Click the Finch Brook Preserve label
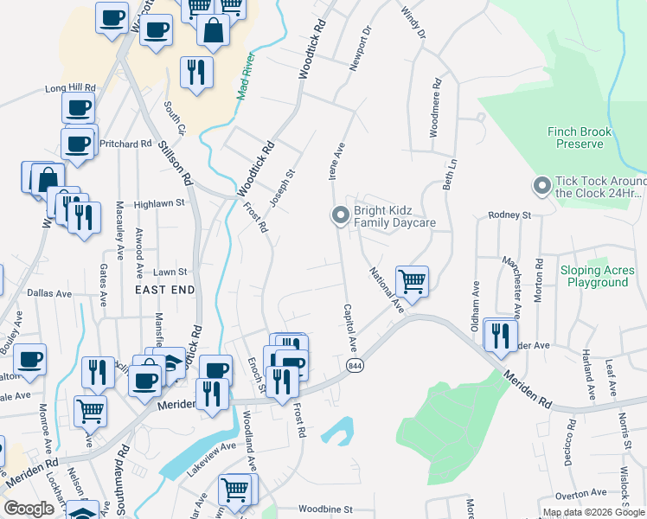pyautogui.click(x=580, y=138)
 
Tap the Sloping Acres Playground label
pyautogui.click(x=598, y=277)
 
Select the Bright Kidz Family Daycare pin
pyautogui.click(x=341, y=215)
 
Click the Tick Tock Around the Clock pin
pyautogui.click(x=542, y=186)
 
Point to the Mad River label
pyautogui.click(x=247, y=76)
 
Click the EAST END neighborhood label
pyautogui.click(x=164, y=291)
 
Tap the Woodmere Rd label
pyautogui.click(x=436, y=109)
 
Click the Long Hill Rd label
pyautogui.click(x=69, y=88)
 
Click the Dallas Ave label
pyautogui.click(x=48, y=293)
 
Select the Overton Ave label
pyautogui.click(x=580, y=495)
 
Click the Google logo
pyautogui.click(x=29, y=509)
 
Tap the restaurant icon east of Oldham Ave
pyautogui.click(x=500, y=336)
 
